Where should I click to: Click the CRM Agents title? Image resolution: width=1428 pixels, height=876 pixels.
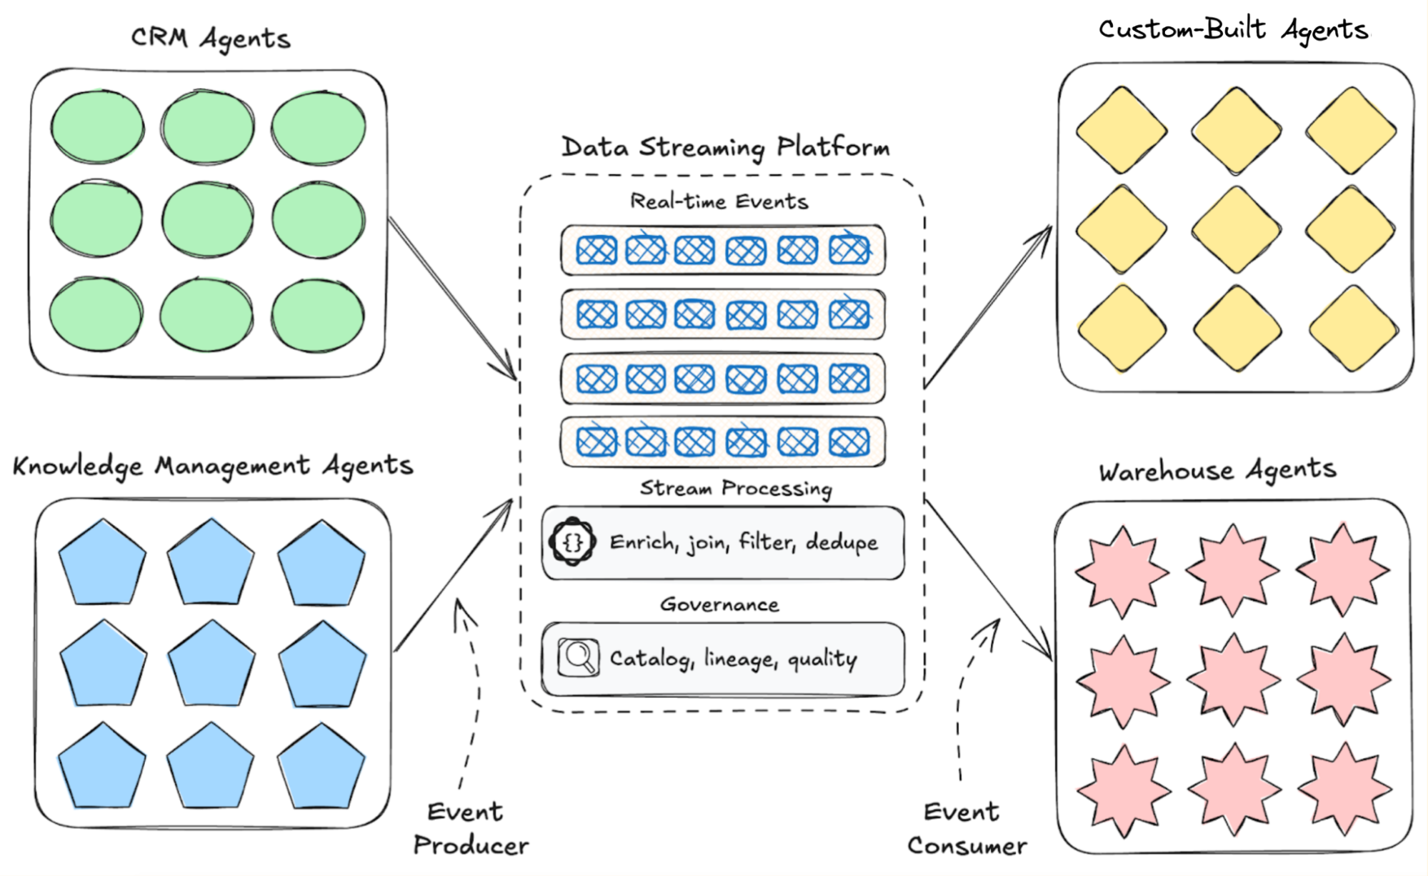(211, 39)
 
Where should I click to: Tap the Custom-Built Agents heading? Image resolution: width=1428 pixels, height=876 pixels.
(1233, 30)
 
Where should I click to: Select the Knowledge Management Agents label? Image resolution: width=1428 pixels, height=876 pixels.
(213, 466)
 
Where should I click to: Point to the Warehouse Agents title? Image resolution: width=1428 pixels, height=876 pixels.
(1217, 471)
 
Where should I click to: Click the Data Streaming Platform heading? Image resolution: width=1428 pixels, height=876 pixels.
(725, 147)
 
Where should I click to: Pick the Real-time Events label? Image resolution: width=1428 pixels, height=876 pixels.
(719, 201)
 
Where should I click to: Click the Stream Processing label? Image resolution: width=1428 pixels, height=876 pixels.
(736, 488)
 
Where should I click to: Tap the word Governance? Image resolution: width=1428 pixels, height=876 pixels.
(719, 604)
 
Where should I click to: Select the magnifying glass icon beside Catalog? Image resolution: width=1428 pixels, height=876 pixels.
(578, 657)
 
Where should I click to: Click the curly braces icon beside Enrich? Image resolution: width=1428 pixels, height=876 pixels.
(573, 542)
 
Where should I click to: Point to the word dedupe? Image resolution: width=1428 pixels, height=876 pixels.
(842, 542)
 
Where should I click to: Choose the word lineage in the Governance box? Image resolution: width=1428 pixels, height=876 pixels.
(740, 658)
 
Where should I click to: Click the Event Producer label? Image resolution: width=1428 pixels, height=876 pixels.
(471, 829)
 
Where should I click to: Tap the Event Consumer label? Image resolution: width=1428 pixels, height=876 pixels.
(967, 829)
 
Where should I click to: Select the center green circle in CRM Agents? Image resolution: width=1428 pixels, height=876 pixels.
(207, 219)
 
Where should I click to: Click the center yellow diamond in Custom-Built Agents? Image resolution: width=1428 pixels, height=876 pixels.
(1235, 230)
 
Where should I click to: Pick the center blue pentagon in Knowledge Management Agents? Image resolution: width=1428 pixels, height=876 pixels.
(211, 665)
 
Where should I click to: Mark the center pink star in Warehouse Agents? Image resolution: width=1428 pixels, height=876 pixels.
(1234, 680)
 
